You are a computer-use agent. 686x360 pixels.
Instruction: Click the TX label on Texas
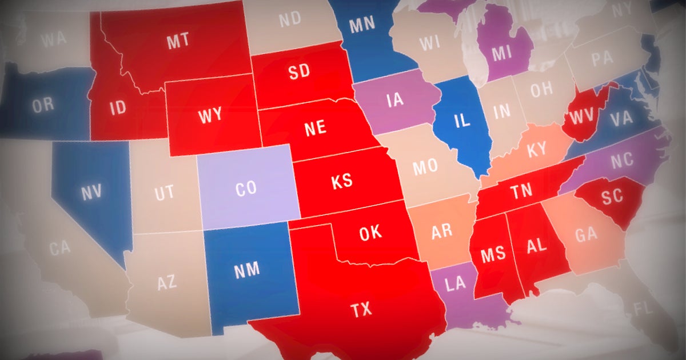tap(361, 310)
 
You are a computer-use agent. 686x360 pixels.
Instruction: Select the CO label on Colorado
tap(246, 189)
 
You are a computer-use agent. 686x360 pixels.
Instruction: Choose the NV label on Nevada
tap(91, 193)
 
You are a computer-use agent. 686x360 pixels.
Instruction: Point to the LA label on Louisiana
tap(456, 285)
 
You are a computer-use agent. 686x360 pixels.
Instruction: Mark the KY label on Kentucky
tap(536, 150)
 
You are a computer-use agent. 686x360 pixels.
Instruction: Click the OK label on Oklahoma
tap(370, 233)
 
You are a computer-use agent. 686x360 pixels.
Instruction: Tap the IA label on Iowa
tap(395, 100)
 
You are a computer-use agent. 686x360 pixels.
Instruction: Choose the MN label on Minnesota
tap(362, 24)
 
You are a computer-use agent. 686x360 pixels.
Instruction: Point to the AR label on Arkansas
tap(441, 231)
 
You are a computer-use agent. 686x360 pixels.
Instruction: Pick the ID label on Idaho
tap(118, 108)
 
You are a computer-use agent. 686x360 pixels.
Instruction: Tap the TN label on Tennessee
tap(521, 192)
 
